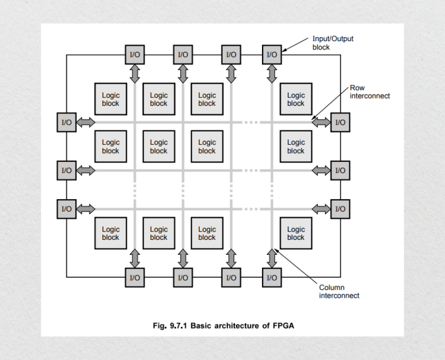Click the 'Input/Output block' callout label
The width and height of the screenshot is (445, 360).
pos(332,43)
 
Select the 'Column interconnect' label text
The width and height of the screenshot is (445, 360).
pos(339,292)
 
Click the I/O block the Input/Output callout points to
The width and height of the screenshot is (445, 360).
pos(272,55)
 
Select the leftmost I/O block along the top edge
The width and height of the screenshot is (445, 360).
pos(135,55)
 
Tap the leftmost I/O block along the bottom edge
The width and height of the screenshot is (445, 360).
pos(135,277)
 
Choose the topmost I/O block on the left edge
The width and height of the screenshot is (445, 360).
pos(66,122)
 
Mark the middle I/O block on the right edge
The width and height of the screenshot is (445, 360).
pos(340,170)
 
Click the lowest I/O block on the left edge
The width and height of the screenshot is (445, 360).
pos(66,209)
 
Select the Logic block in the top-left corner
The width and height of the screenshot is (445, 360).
pos(111,99)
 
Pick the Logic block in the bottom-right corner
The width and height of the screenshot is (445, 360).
pos(296,233)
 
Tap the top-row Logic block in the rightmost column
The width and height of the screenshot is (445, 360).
pos(296,99)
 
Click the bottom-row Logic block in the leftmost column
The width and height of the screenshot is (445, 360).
pos(111,233)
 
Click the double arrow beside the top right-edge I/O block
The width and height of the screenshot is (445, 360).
pos(320,122)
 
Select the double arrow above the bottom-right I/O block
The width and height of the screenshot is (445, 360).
pos(272,257)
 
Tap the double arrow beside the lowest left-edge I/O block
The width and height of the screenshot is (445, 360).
pos(86,209)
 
